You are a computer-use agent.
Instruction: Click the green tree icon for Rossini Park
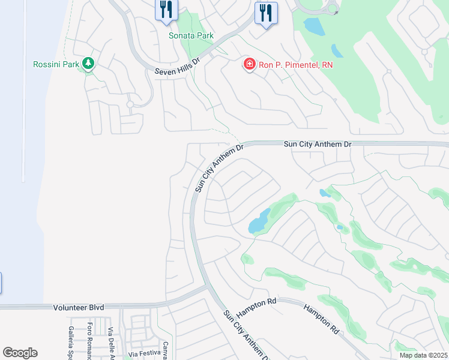(x=88, y=63)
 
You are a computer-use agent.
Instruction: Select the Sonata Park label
(x=191, y=35)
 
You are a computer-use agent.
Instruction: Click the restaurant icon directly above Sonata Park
(x=166, y=10)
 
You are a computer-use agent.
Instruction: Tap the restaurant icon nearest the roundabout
(x=266, y=12)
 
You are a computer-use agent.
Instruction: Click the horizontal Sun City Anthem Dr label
(x=317, y=145)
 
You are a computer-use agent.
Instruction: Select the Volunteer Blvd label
(x=78, y=307)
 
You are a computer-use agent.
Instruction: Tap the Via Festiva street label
(x=141, y=354)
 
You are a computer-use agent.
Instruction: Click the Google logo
(x=20, y=353)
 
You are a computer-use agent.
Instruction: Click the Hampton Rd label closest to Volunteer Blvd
(x=256, y=308)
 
